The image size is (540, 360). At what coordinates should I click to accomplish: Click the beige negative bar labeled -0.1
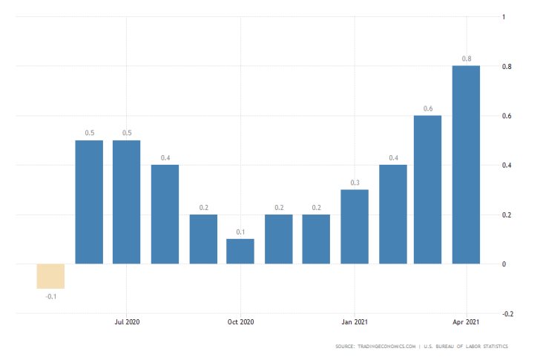click(51, 276)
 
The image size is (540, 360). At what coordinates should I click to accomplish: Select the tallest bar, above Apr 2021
click(466, 165)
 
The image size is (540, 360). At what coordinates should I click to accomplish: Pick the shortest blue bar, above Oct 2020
click(240, 252)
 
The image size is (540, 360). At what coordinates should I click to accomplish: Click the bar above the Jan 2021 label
click(355, 226)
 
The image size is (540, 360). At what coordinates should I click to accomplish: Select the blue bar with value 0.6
click(428, 189)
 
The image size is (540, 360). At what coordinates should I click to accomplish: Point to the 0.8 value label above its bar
click(466, 59)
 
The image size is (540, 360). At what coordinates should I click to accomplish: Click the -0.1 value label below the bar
click(51, 296)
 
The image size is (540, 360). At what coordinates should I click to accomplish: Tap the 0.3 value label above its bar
click(355, 183)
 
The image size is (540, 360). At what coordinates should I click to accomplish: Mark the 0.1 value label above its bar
click(240, 232)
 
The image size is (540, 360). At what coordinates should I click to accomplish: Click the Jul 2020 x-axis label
click(127, 322)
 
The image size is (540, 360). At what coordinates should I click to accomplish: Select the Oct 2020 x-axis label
click(241, 322)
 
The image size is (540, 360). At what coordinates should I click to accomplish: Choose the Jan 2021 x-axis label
click(355, 322)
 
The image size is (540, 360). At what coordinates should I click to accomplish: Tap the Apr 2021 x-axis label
click(466, 322)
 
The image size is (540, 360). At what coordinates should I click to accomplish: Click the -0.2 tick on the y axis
click(507, 314)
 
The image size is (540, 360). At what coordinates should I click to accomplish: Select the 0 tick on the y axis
click(504, 264)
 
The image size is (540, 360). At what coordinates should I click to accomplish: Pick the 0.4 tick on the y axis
click(507, 165)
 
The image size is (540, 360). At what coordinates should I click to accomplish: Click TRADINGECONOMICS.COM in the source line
click(386, 347)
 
